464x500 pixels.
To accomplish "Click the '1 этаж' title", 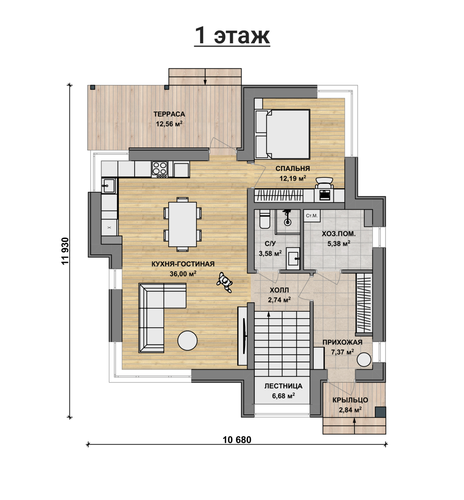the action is coord(232,36).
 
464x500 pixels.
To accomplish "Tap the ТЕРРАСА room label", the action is coord(169,114).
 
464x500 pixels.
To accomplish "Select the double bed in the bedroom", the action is coord(283,134).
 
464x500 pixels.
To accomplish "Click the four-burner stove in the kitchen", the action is coord(160,170).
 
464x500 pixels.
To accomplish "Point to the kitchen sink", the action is coord(109,186).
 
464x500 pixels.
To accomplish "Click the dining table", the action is coord(182,224).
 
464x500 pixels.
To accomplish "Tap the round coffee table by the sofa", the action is coord(187,341).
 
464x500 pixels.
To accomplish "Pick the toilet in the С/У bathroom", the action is coord(264,219).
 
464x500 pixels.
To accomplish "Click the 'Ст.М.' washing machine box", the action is coord(312,216).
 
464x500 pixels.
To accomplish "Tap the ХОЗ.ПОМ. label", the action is coord(338,234).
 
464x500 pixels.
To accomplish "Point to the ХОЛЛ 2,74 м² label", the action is coord(279,295).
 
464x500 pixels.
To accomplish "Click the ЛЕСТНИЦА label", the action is coord(283,386).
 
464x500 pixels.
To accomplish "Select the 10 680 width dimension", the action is coord(237,440).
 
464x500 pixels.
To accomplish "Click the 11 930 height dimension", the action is coord(65,251).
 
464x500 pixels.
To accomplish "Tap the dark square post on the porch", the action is coord(380,412).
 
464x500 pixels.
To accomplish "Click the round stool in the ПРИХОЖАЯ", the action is coord(364,360).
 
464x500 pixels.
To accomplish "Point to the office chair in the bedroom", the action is coord(324,183).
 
